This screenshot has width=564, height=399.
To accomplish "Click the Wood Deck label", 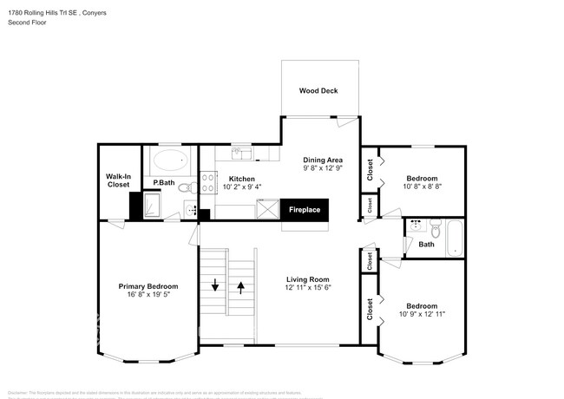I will point(318,90).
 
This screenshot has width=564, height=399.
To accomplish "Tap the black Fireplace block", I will point(304,210).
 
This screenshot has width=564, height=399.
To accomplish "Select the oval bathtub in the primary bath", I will point(171,160).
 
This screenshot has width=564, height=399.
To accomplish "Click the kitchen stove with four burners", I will point(209,182).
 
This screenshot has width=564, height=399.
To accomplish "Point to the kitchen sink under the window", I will point(242,154).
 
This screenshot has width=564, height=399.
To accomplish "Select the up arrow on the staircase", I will point(240,286).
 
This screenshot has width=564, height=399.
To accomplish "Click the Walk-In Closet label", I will point(117,180).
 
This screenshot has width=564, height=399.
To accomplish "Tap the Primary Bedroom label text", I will point(148,286).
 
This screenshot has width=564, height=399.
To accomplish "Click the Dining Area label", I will point(323,160).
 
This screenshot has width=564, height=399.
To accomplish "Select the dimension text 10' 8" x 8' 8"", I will point(423,186).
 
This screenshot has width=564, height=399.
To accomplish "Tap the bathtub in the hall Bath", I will point(456,239).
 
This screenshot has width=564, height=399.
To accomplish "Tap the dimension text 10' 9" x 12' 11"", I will point(423,314).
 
